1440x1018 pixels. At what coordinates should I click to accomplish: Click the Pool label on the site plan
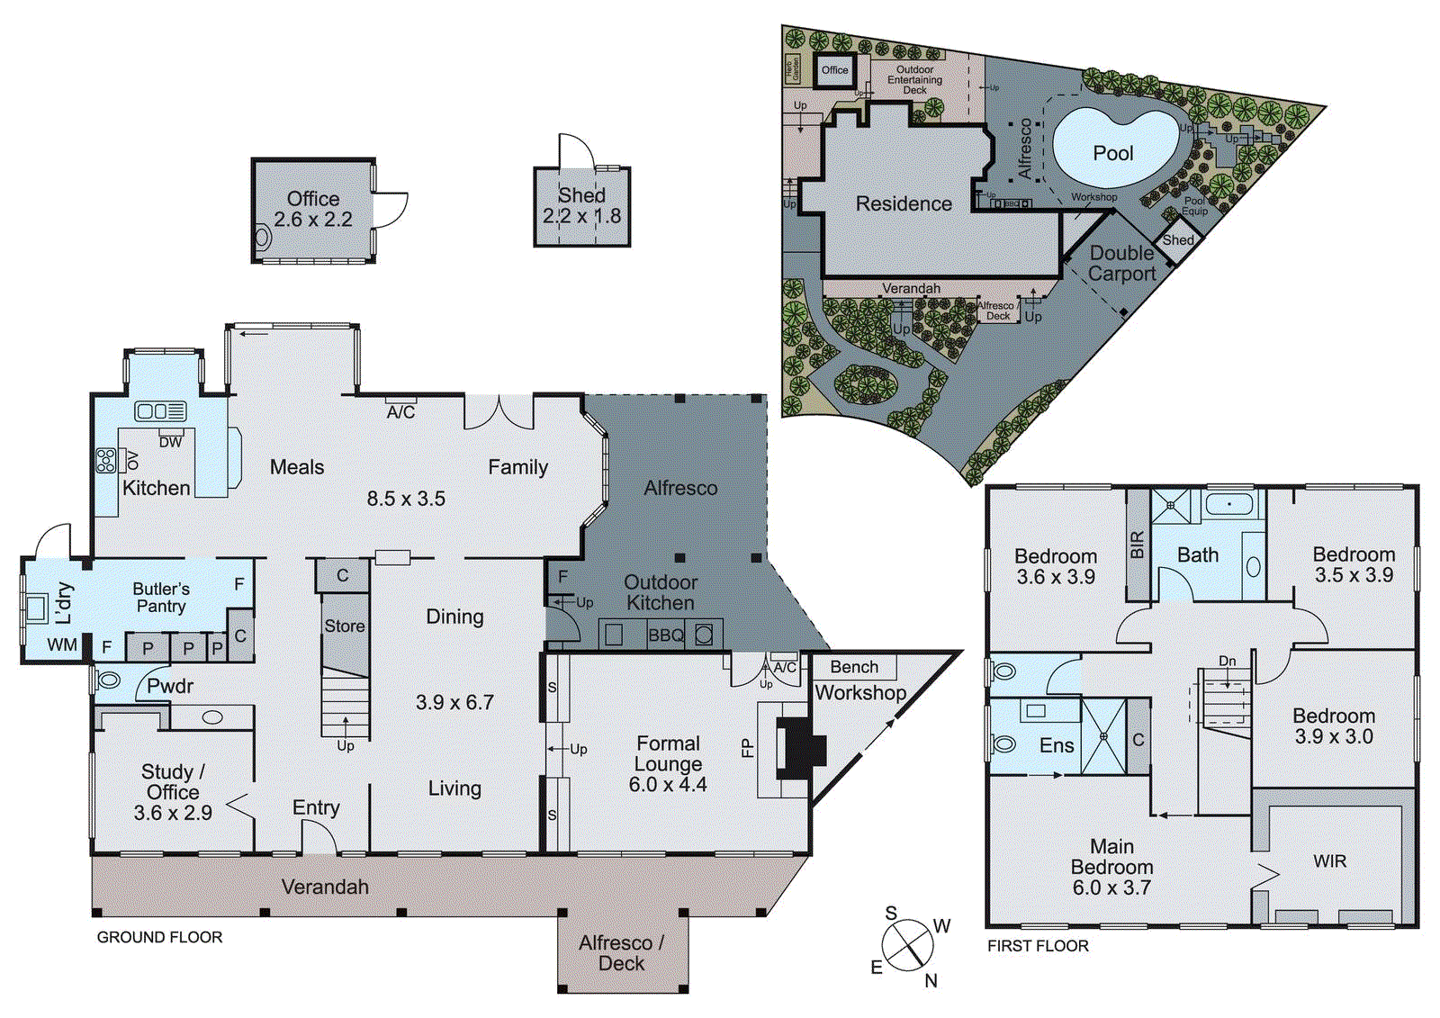[1112, 154]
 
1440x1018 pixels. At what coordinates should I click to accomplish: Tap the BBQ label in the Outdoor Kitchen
[666, 635]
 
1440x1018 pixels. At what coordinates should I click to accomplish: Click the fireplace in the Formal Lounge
[800, 747]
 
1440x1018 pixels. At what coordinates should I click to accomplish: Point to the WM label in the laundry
[61, 644]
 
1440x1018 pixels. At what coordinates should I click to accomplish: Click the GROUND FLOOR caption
[159, 937]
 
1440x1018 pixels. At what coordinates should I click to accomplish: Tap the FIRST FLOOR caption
[1038, 946]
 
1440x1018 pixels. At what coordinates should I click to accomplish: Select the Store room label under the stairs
[345, 626]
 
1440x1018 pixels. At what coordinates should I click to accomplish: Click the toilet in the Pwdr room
[108, 680]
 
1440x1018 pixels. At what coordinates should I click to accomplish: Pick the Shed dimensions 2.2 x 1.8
[581, 216]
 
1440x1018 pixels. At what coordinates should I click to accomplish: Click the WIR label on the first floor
[1329, 861]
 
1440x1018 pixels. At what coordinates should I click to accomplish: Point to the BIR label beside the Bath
[1137, 545]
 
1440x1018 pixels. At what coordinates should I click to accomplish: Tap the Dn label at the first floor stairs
[1227, 661]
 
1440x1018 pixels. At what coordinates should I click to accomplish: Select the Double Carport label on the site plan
[1121, 264]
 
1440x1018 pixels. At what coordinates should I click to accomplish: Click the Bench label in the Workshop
[853, 667]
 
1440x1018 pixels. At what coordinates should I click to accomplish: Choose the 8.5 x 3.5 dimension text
[406, 499]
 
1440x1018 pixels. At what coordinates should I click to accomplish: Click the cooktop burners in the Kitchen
[106, 461]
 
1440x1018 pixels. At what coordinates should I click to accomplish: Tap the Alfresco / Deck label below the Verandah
[621, 953]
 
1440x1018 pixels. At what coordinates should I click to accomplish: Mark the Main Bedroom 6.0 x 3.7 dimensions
[1111, 887]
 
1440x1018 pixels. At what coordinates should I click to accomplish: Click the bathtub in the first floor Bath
[1229, 504]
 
